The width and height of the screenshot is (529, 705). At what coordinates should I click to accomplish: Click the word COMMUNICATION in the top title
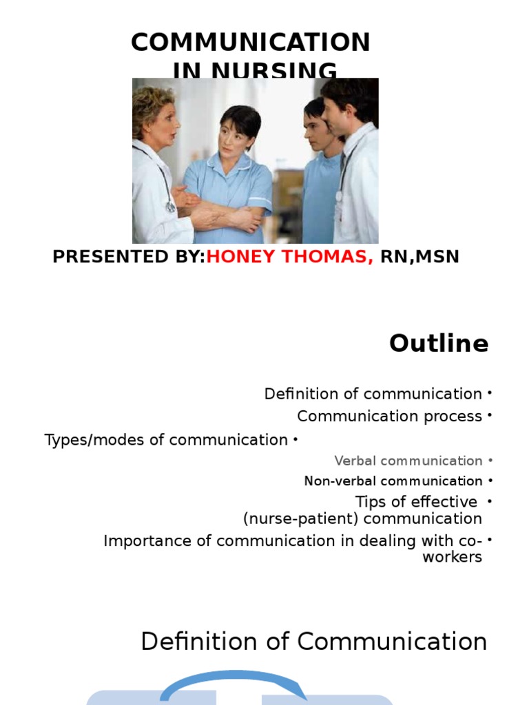251,43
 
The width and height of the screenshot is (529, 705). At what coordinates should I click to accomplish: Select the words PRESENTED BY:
129,257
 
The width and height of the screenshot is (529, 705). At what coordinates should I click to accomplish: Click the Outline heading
439,343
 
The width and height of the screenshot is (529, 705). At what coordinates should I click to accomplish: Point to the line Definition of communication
373,394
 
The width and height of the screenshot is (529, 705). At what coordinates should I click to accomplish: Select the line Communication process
389,417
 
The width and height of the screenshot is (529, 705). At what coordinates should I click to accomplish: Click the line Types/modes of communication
166,440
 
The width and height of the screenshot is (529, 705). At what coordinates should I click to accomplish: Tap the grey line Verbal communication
408,461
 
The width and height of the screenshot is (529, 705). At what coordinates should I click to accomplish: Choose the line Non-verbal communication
393,481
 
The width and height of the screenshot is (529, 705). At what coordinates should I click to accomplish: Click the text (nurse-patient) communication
362,518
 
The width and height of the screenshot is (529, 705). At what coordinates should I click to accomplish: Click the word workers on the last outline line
452,557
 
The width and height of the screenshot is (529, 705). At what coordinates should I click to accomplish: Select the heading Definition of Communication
313,642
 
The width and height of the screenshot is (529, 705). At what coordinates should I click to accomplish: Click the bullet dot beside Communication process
489,416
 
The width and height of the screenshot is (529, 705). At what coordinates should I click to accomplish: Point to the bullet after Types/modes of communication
295,439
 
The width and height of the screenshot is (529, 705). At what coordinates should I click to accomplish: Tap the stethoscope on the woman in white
165,186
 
